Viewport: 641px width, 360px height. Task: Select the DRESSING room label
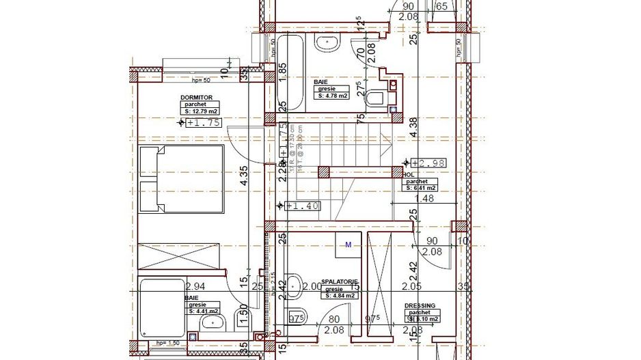[420, 306]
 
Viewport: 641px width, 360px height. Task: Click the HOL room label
[409, 175]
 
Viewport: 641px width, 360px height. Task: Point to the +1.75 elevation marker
[202, 123]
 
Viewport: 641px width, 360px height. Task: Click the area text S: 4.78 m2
[333, 96]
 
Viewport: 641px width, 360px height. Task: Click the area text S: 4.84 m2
[340, 296]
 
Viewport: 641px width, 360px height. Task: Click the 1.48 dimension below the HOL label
[424, 199]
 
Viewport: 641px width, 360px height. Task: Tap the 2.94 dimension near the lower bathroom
[196, 286]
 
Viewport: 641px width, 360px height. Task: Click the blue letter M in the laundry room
[348, 244]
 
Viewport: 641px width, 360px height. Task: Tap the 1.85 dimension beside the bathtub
[282, 70]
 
